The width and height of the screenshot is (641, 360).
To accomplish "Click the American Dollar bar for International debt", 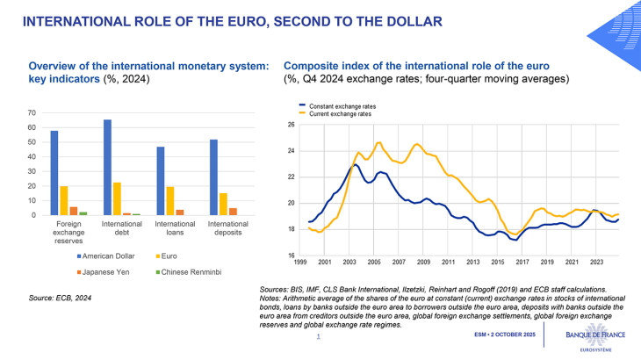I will click(x=107, y=168).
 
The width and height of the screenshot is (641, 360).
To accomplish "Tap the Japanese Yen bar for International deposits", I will click(x=232, y=212).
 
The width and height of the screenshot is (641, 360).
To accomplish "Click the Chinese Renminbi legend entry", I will click(x=191, y=272).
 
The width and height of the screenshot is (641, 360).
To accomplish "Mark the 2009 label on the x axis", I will click(x=423, y=263).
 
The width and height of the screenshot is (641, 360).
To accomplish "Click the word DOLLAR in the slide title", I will click(x=413, y=18).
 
